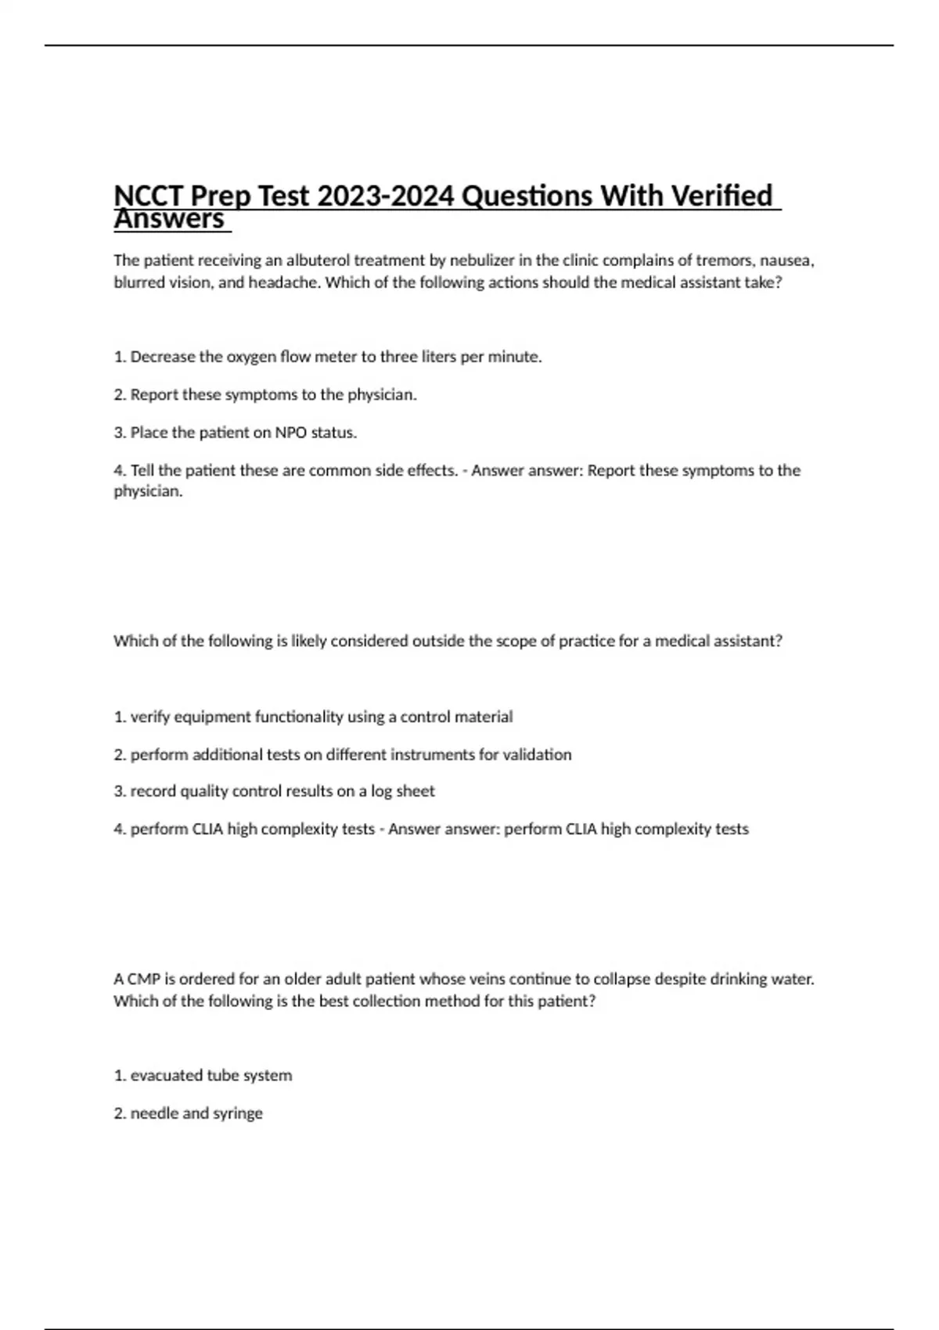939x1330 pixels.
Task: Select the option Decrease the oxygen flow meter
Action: (x=328, y=357)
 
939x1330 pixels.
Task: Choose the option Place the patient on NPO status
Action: (x=236, y=433)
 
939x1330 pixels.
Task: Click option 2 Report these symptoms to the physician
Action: (x=265, y=395)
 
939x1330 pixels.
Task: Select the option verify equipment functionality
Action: (x=314, y=717)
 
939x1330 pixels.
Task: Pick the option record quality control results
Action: (x=274, y=791)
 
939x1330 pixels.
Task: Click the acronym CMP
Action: (x=144, y=979)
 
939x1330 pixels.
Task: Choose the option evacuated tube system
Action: (x=203, y=1076)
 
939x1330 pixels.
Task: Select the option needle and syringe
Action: (x=189, y=1113)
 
